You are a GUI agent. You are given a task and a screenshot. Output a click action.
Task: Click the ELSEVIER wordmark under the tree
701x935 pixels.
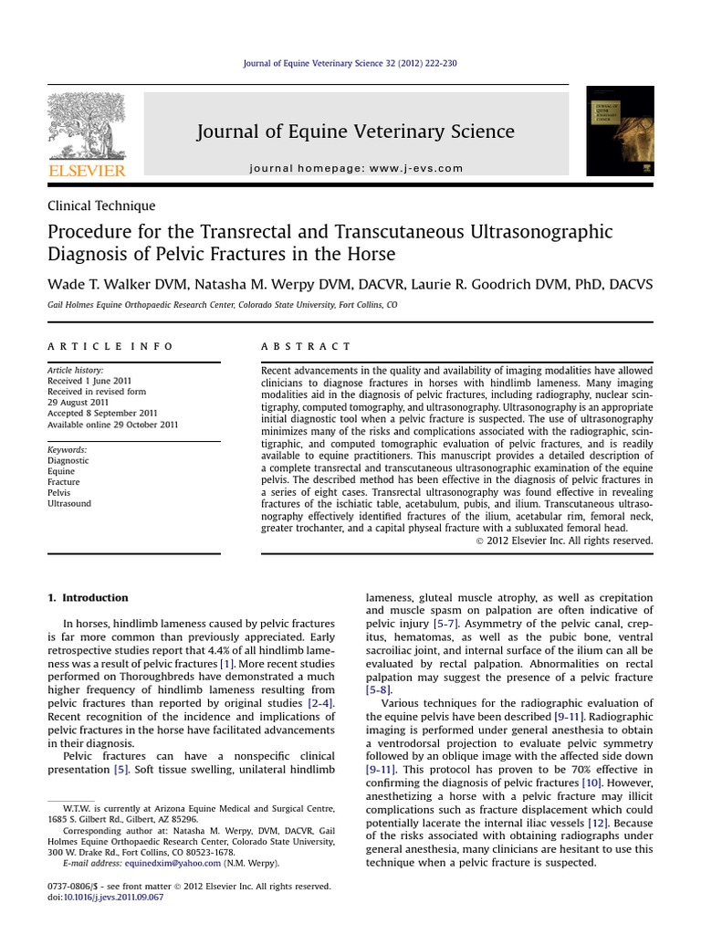click(87, 171)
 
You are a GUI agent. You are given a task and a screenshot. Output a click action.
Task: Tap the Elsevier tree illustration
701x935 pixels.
click(87, 125)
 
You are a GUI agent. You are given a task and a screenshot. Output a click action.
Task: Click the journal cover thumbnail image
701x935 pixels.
click(620, 131)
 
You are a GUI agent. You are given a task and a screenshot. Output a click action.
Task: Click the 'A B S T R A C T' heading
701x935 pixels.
click(306, 347)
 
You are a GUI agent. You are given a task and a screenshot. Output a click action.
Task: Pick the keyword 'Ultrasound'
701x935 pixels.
click(69, 504)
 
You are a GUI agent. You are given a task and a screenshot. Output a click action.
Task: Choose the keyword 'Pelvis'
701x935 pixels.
click(60, 493)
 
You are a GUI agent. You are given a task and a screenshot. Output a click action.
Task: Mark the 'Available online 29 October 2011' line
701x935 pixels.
click(112, 425)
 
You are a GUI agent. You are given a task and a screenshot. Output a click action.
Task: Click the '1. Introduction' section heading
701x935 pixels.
click(88, 598)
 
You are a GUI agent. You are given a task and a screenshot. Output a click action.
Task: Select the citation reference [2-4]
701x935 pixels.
click(320, 703)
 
